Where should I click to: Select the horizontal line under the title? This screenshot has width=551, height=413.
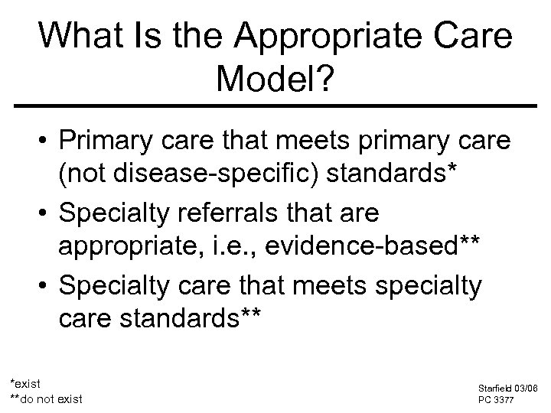275,106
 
